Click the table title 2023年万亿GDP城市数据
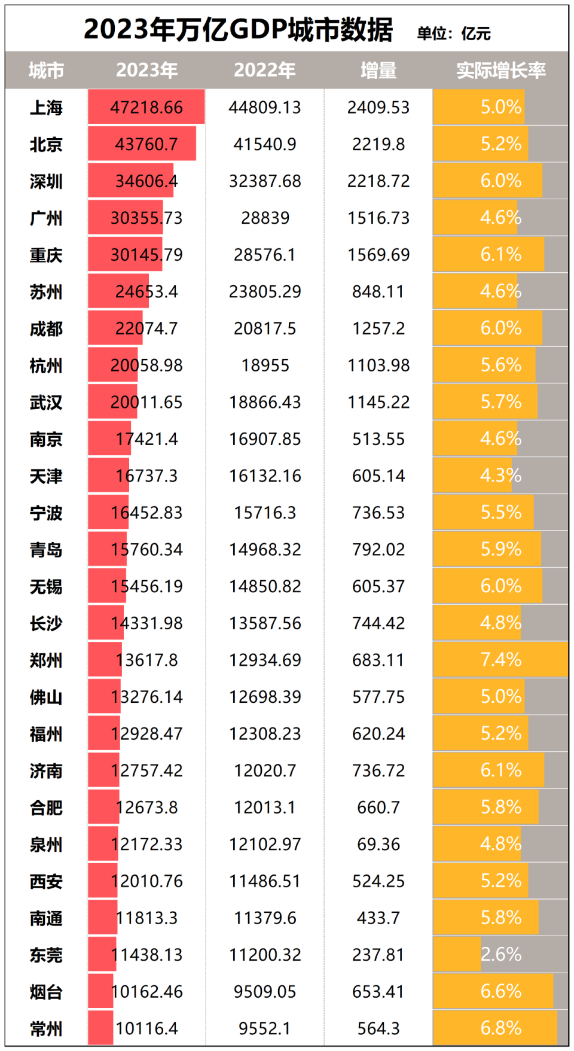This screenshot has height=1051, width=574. [x=238, y=29]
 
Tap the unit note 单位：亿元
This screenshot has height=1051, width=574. [x=453, y=33]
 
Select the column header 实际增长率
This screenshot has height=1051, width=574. [x=500, y=71]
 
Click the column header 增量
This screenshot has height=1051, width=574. [x=378, y=71]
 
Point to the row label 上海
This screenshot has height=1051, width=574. [x=46, y=108]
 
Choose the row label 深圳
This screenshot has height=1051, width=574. [x=46, y=181]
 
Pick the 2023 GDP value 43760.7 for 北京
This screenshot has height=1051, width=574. [x=146, y=144]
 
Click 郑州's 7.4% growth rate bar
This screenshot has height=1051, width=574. [x=500, y=660]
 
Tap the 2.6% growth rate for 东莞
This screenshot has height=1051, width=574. [x=500, y=955]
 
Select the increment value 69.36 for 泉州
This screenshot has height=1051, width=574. [x=378, y=844]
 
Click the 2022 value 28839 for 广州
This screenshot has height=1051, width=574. [x=265, y=218]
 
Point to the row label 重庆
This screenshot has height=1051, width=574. [x=46, y=255]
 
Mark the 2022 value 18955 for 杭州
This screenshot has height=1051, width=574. [x=265, y=365]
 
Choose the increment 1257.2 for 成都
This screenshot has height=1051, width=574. [x=378, y=328]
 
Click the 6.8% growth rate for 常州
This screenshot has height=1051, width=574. [x=500, y=1028]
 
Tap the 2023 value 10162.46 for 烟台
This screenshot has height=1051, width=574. [x=146, y=992]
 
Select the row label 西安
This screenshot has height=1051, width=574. [x=46, y=882]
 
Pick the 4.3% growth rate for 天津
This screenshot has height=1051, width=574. [x=500, y=476]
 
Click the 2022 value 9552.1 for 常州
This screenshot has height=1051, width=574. [x=265, y=1028]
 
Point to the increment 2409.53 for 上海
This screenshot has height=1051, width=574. [x=378, y=108]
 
